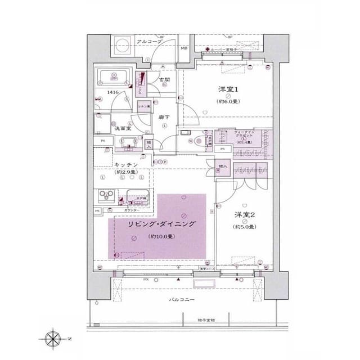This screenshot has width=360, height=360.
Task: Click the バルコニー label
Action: [182, 300]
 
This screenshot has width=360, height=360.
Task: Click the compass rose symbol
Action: [53, 340]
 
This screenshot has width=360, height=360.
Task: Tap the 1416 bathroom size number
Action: [113, 92]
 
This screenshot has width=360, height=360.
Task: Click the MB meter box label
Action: [184, 49]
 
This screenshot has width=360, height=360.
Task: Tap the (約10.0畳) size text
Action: [161, 236]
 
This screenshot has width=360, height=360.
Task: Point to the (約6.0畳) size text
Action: [229, 101]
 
